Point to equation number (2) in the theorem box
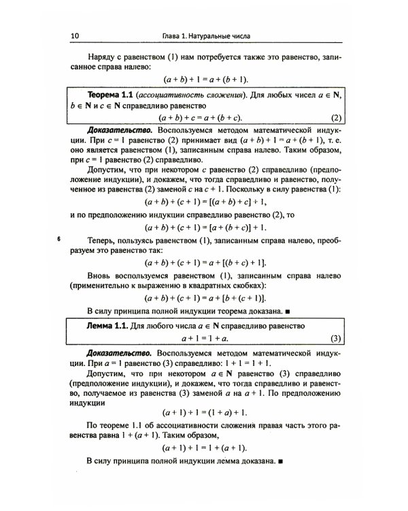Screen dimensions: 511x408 click(x=335, y=117)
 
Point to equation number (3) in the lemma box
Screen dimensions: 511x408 click(x=335, y=338)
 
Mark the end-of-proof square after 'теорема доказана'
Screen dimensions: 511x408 click(x=288, y=311)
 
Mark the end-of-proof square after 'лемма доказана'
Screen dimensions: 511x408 click(x=280, y=462)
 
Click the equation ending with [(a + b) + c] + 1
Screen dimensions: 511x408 click(x=205, y=202)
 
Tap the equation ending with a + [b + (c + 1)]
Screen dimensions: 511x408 click(x=205, y=298)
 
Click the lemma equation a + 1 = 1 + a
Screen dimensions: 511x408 click(x=205, y=338)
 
